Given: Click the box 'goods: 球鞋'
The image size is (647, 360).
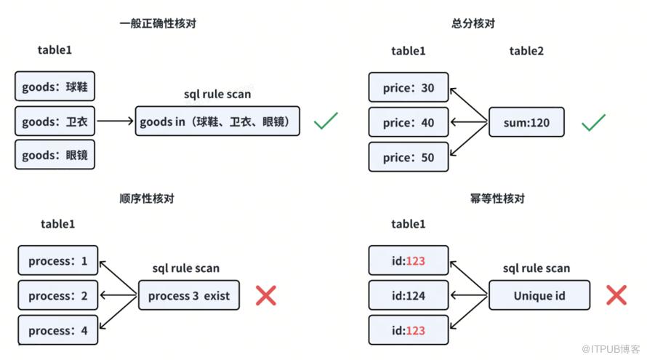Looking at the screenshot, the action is (x=55, y=87).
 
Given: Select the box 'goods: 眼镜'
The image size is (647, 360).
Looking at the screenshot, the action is (x=55, y=155).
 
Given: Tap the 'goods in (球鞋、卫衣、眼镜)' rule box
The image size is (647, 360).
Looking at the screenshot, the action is (x=217, y=121).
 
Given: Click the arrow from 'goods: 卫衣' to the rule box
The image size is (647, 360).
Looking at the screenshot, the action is (x=115, y=121).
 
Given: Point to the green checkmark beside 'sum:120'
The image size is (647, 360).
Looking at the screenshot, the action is (x=593, y=122).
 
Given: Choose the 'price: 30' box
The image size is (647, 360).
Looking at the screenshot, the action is (x=409, y=87).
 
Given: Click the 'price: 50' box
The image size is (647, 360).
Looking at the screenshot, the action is (x=409, y=157).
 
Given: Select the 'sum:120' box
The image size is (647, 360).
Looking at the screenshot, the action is (x=526, y=122).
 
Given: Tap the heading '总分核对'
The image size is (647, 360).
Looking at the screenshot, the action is (x=473, y=23).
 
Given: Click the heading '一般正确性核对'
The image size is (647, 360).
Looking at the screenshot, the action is (x=158, y=23).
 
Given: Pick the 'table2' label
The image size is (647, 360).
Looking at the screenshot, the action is (x=526, y=51).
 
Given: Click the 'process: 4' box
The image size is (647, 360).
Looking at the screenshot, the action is (x=57, y=330).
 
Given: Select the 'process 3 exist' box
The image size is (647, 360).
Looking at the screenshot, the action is (x=189, y=295).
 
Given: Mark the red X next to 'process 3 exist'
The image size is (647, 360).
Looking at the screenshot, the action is (x=266, y=295).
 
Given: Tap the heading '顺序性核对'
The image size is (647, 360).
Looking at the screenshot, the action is (x=147, y=199).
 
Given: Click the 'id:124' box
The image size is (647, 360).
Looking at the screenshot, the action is (x=409, y=295).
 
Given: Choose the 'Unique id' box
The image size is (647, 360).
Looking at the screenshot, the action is (x=539, y=295).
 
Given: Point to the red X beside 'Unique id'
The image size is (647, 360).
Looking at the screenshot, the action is (x=616, y=295).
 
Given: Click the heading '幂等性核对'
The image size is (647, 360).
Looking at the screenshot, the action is (x=498, y=199).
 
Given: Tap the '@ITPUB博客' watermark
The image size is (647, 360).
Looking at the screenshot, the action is (x=611, y=349).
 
